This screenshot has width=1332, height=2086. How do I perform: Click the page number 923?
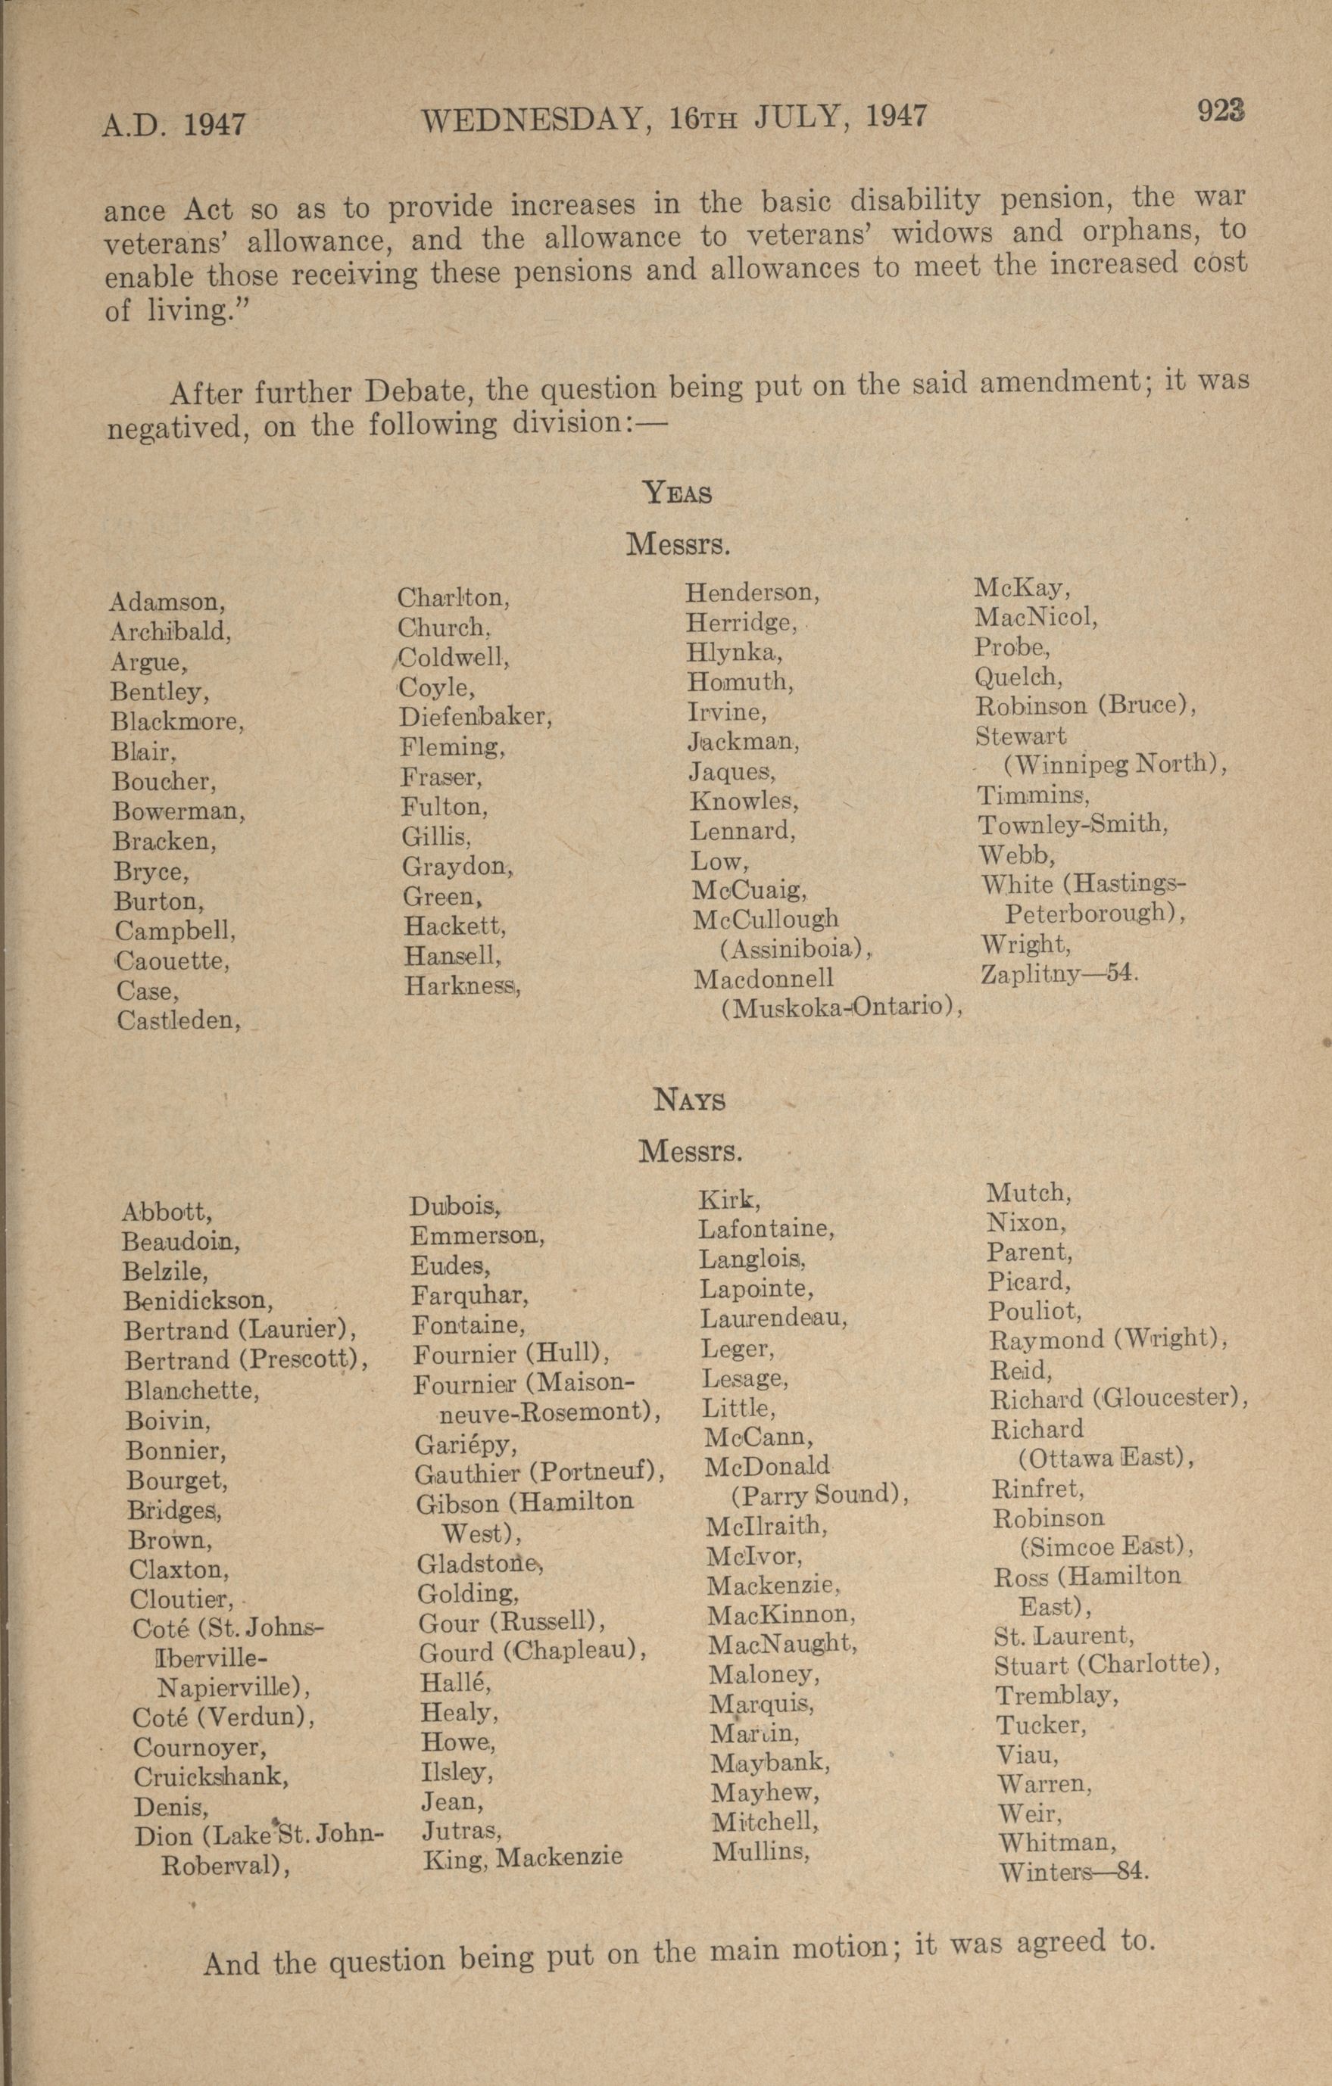(1221, 111)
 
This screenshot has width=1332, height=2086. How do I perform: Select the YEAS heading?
(678, 493)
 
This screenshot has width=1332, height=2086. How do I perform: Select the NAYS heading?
(690, 1101)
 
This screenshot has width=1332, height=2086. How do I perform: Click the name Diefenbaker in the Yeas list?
(475, 718)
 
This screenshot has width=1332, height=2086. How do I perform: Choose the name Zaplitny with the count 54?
(1058, 973)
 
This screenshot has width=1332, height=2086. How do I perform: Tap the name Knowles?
(744, 802)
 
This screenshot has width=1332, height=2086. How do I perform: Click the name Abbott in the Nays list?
(167, 1211)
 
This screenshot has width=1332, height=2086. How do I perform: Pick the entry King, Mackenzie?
(523, 1857)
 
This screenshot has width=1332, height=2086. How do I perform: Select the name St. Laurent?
(1064, 1636)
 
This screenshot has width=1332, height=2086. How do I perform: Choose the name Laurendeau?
(773, 1319)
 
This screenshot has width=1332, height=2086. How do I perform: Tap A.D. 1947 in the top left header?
(173, 125)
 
